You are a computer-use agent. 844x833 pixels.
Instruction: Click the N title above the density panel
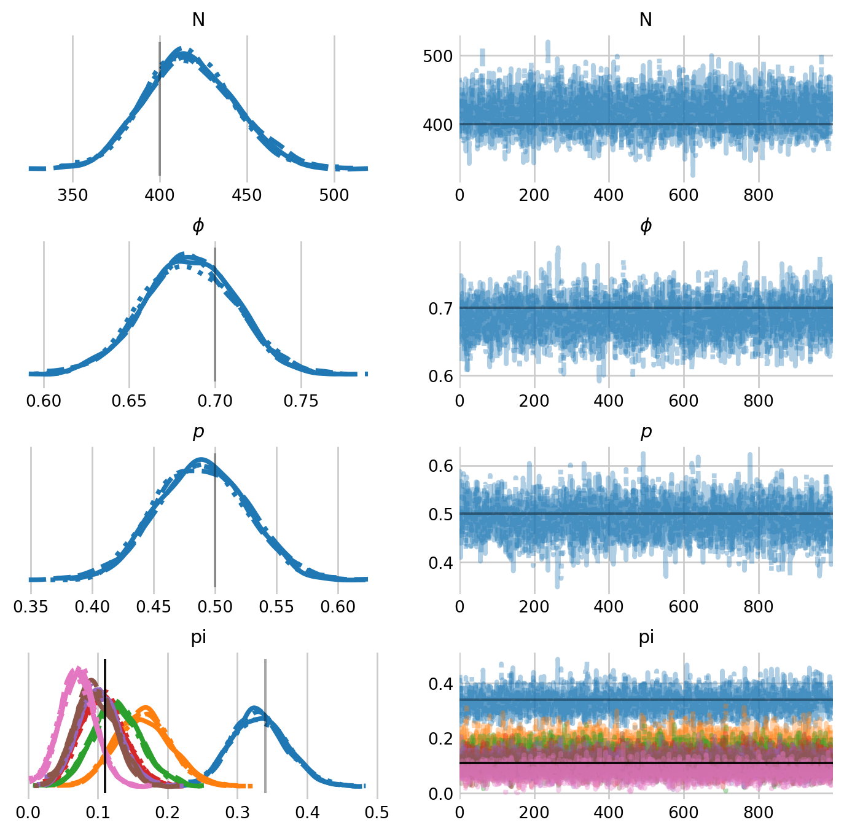[198, 20]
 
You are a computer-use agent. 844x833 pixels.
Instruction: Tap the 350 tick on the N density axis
[72, 195]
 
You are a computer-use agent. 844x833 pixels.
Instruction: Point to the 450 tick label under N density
[247, 195]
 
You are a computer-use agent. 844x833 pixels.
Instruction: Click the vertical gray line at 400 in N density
[160, 111]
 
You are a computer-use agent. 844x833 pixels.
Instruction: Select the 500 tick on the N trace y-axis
[438, 56]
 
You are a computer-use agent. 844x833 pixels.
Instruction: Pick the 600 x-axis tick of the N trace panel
[684, 195]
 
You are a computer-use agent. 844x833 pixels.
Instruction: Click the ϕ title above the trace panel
[646, 226]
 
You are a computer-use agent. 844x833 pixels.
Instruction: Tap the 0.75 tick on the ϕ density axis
[301, 401]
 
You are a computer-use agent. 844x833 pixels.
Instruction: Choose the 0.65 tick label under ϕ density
[129, 401]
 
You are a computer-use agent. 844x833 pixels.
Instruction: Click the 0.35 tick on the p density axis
[31, 607]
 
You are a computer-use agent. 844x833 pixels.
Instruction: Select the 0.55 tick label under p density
[276, 607]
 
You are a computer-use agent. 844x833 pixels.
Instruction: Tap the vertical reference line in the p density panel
[215, 522]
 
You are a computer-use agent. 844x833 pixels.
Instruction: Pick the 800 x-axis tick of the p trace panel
[759, 607]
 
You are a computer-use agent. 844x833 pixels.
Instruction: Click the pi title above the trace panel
[646, 638]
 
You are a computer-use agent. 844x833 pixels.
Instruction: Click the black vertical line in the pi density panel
[105, 725]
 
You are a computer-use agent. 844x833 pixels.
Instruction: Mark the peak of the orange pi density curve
[146, 709]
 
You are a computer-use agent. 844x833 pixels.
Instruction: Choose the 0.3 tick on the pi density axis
[238, 813]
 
